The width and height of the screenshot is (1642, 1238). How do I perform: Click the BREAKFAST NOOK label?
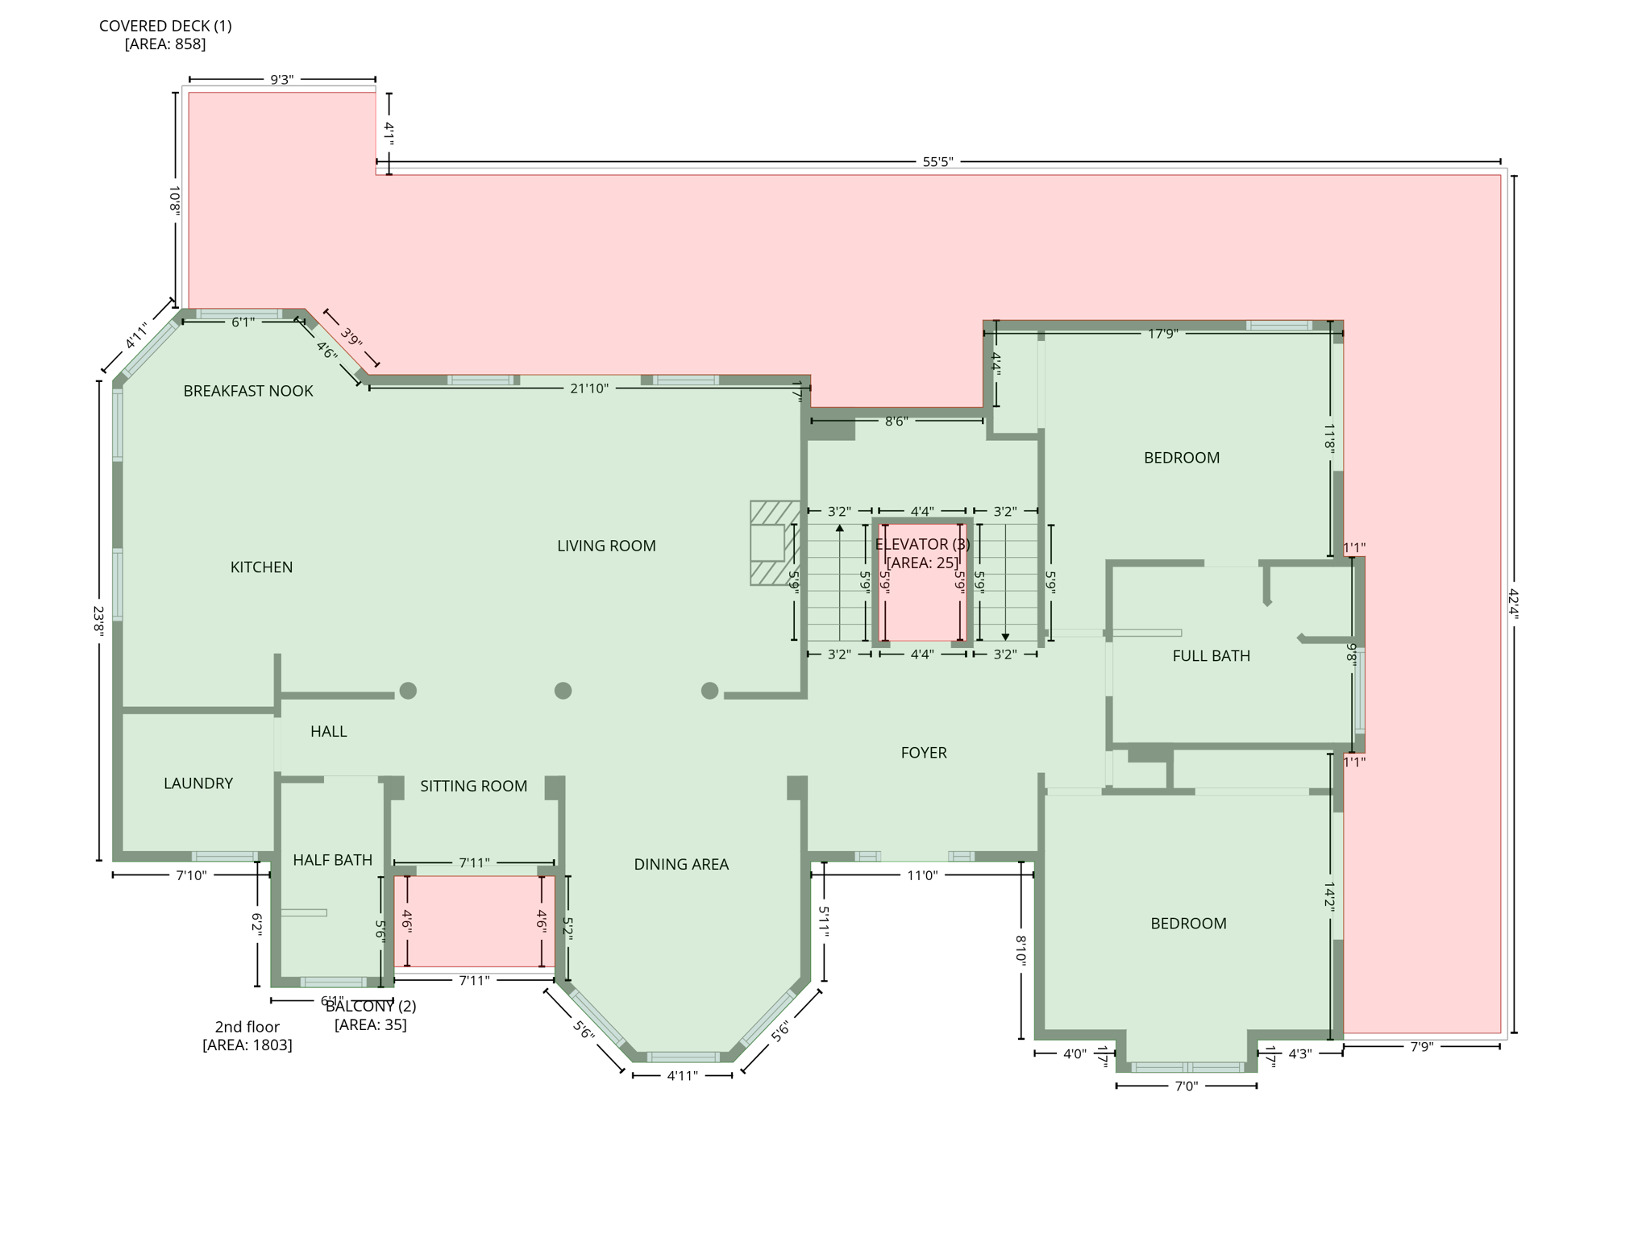click(x=248, y=391)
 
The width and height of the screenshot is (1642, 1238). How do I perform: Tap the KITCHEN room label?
click(x=261, y=567)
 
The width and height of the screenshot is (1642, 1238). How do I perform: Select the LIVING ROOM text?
click(x=606, y=546)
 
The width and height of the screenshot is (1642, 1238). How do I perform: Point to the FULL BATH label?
click(x=1211, y=656)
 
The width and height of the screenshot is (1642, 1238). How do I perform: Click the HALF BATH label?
click(x=332, y=860)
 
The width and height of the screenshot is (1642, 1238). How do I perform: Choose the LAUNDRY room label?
click(x=198, y=783)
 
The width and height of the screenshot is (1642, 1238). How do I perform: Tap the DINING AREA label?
click(x=681, y=864)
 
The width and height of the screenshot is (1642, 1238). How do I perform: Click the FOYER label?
click(x=924, y=753)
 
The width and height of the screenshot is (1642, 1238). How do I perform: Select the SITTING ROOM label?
click(x=473, y=786)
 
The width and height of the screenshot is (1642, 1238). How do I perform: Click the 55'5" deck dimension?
click(x=937, y=162)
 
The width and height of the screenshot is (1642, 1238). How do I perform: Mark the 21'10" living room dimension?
click(x=589, y=388)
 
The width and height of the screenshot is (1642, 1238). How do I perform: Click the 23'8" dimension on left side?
click(x=99, y=621)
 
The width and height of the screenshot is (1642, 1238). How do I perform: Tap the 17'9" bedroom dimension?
click(x=1162, y=334)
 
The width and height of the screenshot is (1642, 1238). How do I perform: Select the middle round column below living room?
click(x=563, y=691)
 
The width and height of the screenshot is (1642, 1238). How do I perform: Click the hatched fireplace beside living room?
click(x=775, y=542)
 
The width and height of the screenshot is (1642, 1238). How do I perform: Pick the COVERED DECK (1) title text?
click(x=165, y=26)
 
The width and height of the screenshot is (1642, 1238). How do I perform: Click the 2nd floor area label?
click(x=247, y=1036)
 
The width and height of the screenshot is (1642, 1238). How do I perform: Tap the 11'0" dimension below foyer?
click(x=922, y=875)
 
